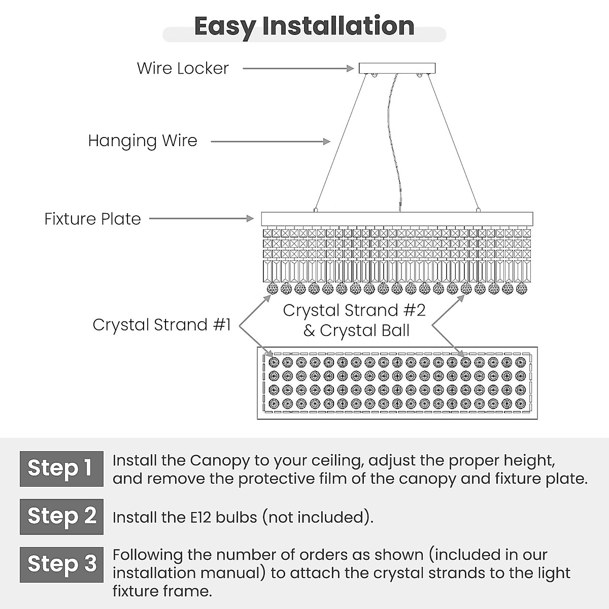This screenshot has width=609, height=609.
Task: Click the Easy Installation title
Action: coord(304,26)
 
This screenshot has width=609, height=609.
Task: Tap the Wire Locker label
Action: coord(183,69)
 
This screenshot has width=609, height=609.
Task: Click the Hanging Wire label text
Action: coord(143,141)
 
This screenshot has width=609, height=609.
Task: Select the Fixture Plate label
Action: coord(92,219)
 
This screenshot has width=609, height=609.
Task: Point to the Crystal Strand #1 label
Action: coord(162,325)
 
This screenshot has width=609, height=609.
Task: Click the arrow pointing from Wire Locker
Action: coord(298,69)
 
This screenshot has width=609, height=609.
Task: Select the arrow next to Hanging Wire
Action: coord(270,142)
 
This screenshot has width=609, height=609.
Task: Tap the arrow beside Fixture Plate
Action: coord(201,218)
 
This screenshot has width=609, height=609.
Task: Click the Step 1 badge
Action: coord(61,468)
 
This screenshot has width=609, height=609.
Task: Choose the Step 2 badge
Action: coord(61,517)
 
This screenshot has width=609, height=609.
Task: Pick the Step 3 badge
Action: coord(61,564)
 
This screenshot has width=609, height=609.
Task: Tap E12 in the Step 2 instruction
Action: coord(201,518)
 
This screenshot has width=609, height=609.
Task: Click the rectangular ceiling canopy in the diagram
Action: coord(397,69)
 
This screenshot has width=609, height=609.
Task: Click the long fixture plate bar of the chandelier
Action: coord(397,219)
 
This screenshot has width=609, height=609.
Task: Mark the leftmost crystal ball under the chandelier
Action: coord(273,289)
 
